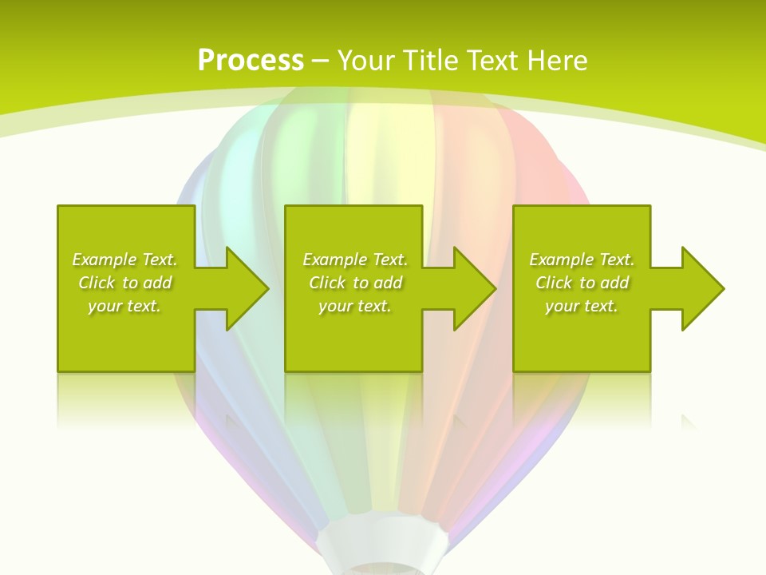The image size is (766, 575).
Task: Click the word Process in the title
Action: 251,61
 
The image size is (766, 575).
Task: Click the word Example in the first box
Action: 105,260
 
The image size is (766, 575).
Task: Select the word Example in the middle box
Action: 335,260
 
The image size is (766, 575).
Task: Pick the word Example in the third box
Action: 562,260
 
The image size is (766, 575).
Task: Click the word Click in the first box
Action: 97,283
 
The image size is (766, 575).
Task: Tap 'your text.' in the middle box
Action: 354,306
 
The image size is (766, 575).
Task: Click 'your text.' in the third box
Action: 581,306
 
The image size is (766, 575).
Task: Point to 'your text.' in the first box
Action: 124,306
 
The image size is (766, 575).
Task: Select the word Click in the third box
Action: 554,283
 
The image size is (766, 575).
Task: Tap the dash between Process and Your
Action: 320,61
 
